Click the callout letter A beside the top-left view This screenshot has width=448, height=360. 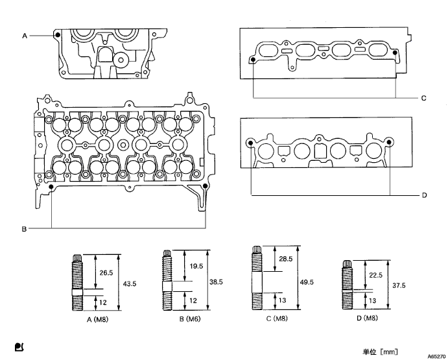(x=25, y=36)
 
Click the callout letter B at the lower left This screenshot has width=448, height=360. (x=23, y=228)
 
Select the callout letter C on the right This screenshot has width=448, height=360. (x=423, y=99)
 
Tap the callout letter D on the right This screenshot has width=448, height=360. (x=423, y=195)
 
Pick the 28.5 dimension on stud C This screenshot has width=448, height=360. (x=285, y=259)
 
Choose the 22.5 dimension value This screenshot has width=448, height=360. (x=375, y=274)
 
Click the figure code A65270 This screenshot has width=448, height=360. (x=433, y=357)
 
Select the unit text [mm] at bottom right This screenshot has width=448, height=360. (x=388, y=352)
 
